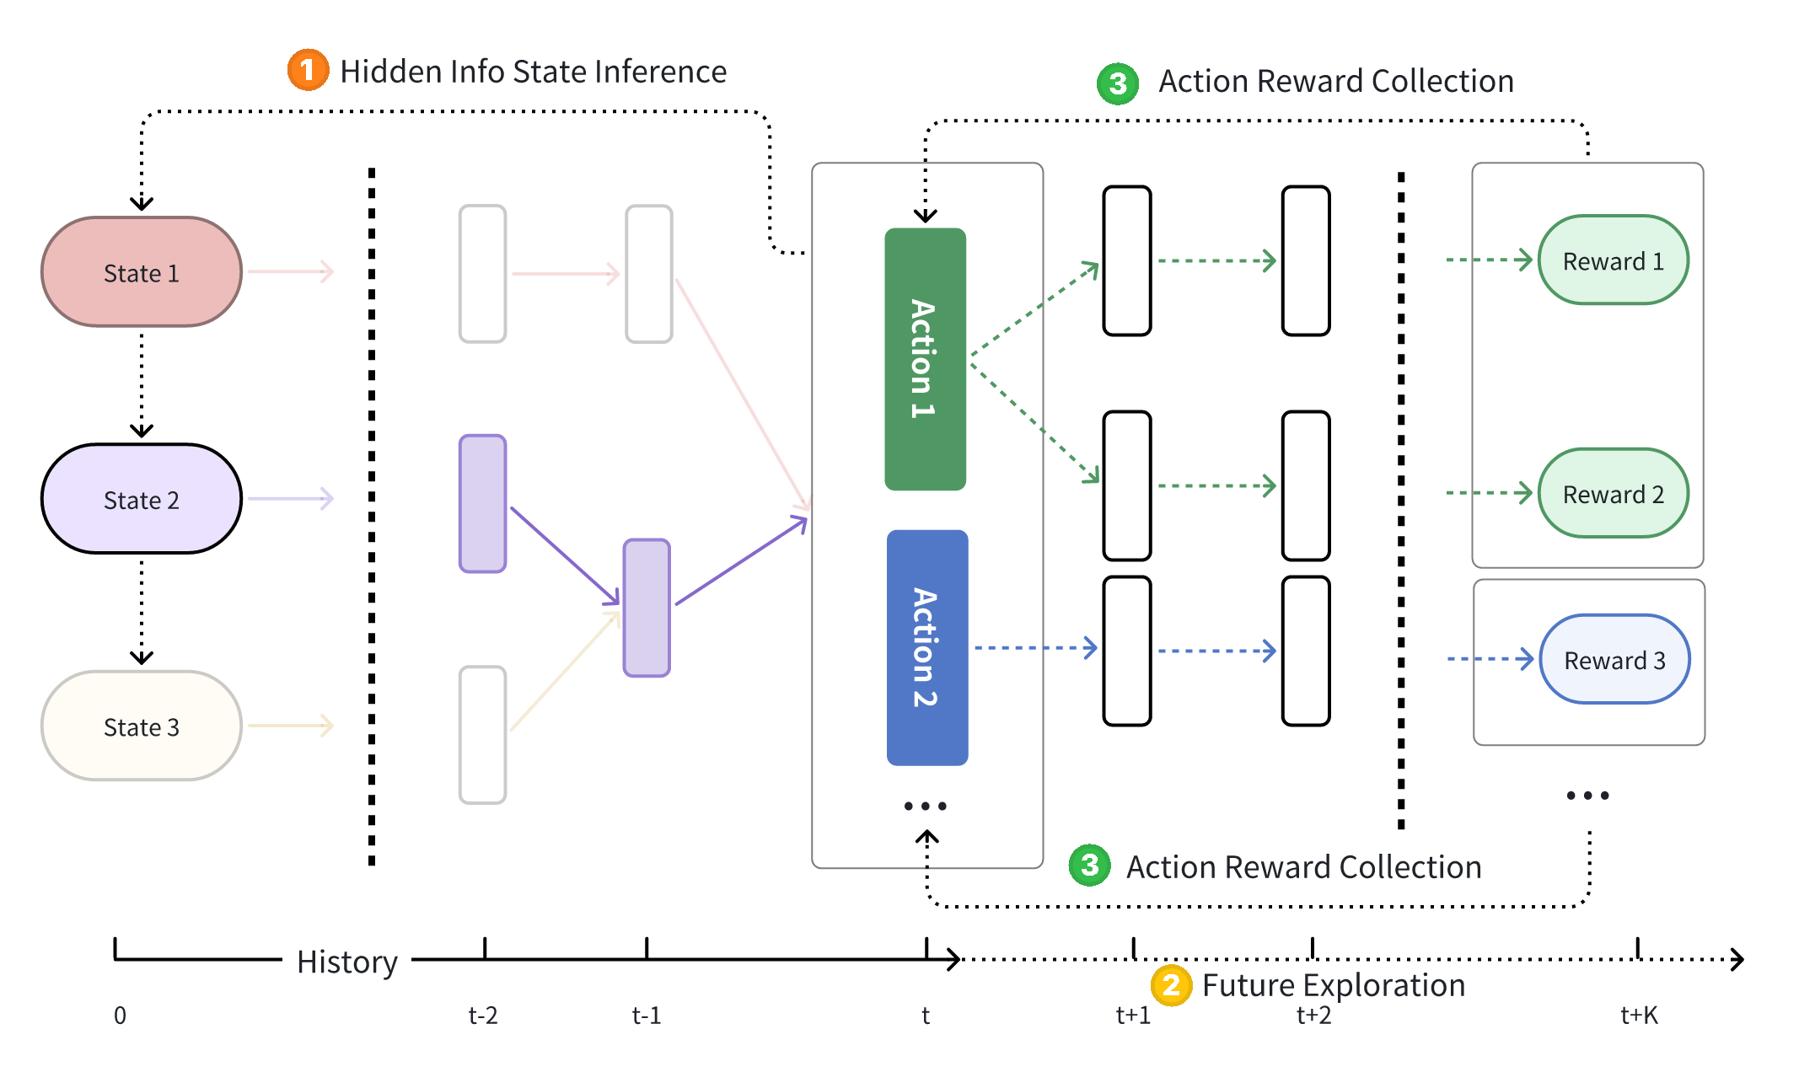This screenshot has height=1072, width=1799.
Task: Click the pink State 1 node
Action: pos(142,272)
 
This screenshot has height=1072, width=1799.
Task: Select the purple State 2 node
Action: pos(142,499)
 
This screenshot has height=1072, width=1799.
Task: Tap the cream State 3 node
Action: pos(142,726)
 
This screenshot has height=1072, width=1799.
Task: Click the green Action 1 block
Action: pos(925,359)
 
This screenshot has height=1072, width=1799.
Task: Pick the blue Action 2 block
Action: pos(926,647)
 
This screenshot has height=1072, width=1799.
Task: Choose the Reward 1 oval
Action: pos(1613,260)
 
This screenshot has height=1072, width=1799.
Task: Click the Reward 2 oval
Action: pos(1613,493)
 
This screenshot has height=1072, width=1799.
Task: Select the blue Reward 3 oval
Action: pos(1614,659)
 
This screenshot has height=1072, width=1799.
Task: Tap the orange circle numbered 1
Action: pos(308,70)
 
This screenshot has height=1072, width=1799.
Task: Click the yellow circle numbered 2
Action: pos(1170,984)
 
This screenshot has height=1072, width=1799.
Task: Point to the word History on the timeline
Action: pos(346,962)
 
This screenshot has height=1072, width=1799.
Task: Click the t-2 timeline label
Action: pos(483,1016)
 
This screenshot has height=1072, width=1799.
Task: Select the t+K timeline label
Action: pos(1639,1016)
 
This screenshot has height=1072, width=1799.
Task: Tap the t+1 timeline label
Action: pos(1133,1016)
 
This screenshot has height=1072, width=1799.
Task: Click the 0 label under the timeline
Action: pos(120,1016)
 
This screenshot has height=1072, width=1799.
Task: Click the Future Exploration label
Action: pos(1333,984)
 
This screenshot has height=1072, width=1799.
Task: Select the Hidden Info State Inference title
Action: pos(533,72)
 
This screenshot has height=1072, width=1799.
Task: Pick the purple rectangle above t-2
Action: pos(482,504)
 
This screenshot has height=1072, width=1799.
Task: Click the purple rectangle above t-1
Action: pos(647,608)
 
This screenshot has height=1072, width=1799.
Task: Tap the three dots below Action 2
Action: pos(925,806)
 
